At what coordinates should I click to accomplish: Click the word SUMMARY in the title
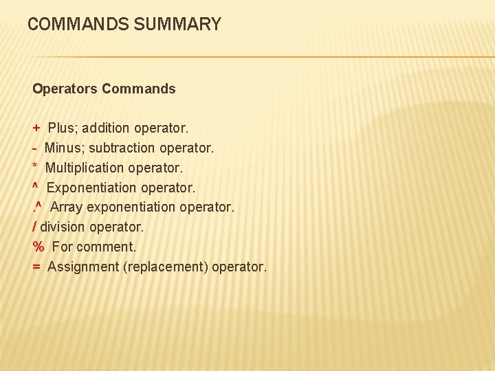coord(179,25)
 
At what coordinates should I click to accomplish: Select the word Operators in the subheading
coord(65,89)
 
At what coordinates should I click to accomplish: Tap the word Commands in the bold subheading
coord(139,89)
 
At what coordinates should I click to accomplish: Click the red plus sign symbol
coord(36,128)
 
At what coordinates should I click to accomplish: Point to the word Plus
coord(62,128)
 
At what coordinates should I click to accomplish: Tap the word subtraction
coord(122,148)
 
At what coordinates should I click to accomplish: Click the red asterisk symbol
coord(35,167)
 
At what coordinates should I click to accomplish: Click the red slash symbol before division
coord(34,227)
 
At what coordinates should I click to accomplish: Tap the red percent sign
coord(38,247)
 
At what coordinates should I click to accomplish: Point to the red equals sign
coord(36,267)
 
